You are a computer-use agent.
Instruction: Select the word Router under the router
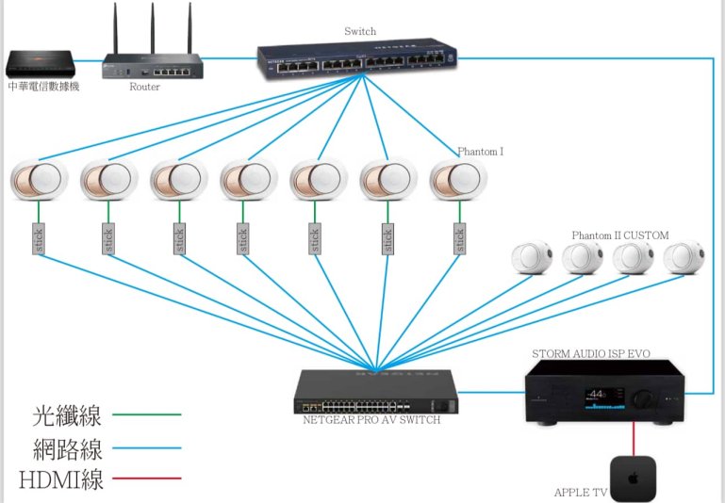point(144,87)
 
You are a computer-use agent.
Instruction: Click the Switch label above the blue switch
point(359,31)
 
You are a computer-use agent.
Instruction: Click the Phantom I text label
point(480,151)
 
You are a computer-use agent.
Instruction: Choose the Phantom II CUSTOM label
point(619,235)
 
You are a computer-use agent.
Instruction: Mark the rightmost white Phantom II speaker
point(683,259)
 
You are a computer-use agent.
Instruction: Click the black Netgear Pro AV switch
point(376,392)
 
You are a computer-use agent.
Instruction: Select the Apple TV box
point(633,478)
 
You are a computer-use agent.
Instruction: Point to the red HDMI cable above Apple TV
point(633,438)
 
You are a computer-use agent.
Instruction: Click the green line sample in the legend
point(147,414)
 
